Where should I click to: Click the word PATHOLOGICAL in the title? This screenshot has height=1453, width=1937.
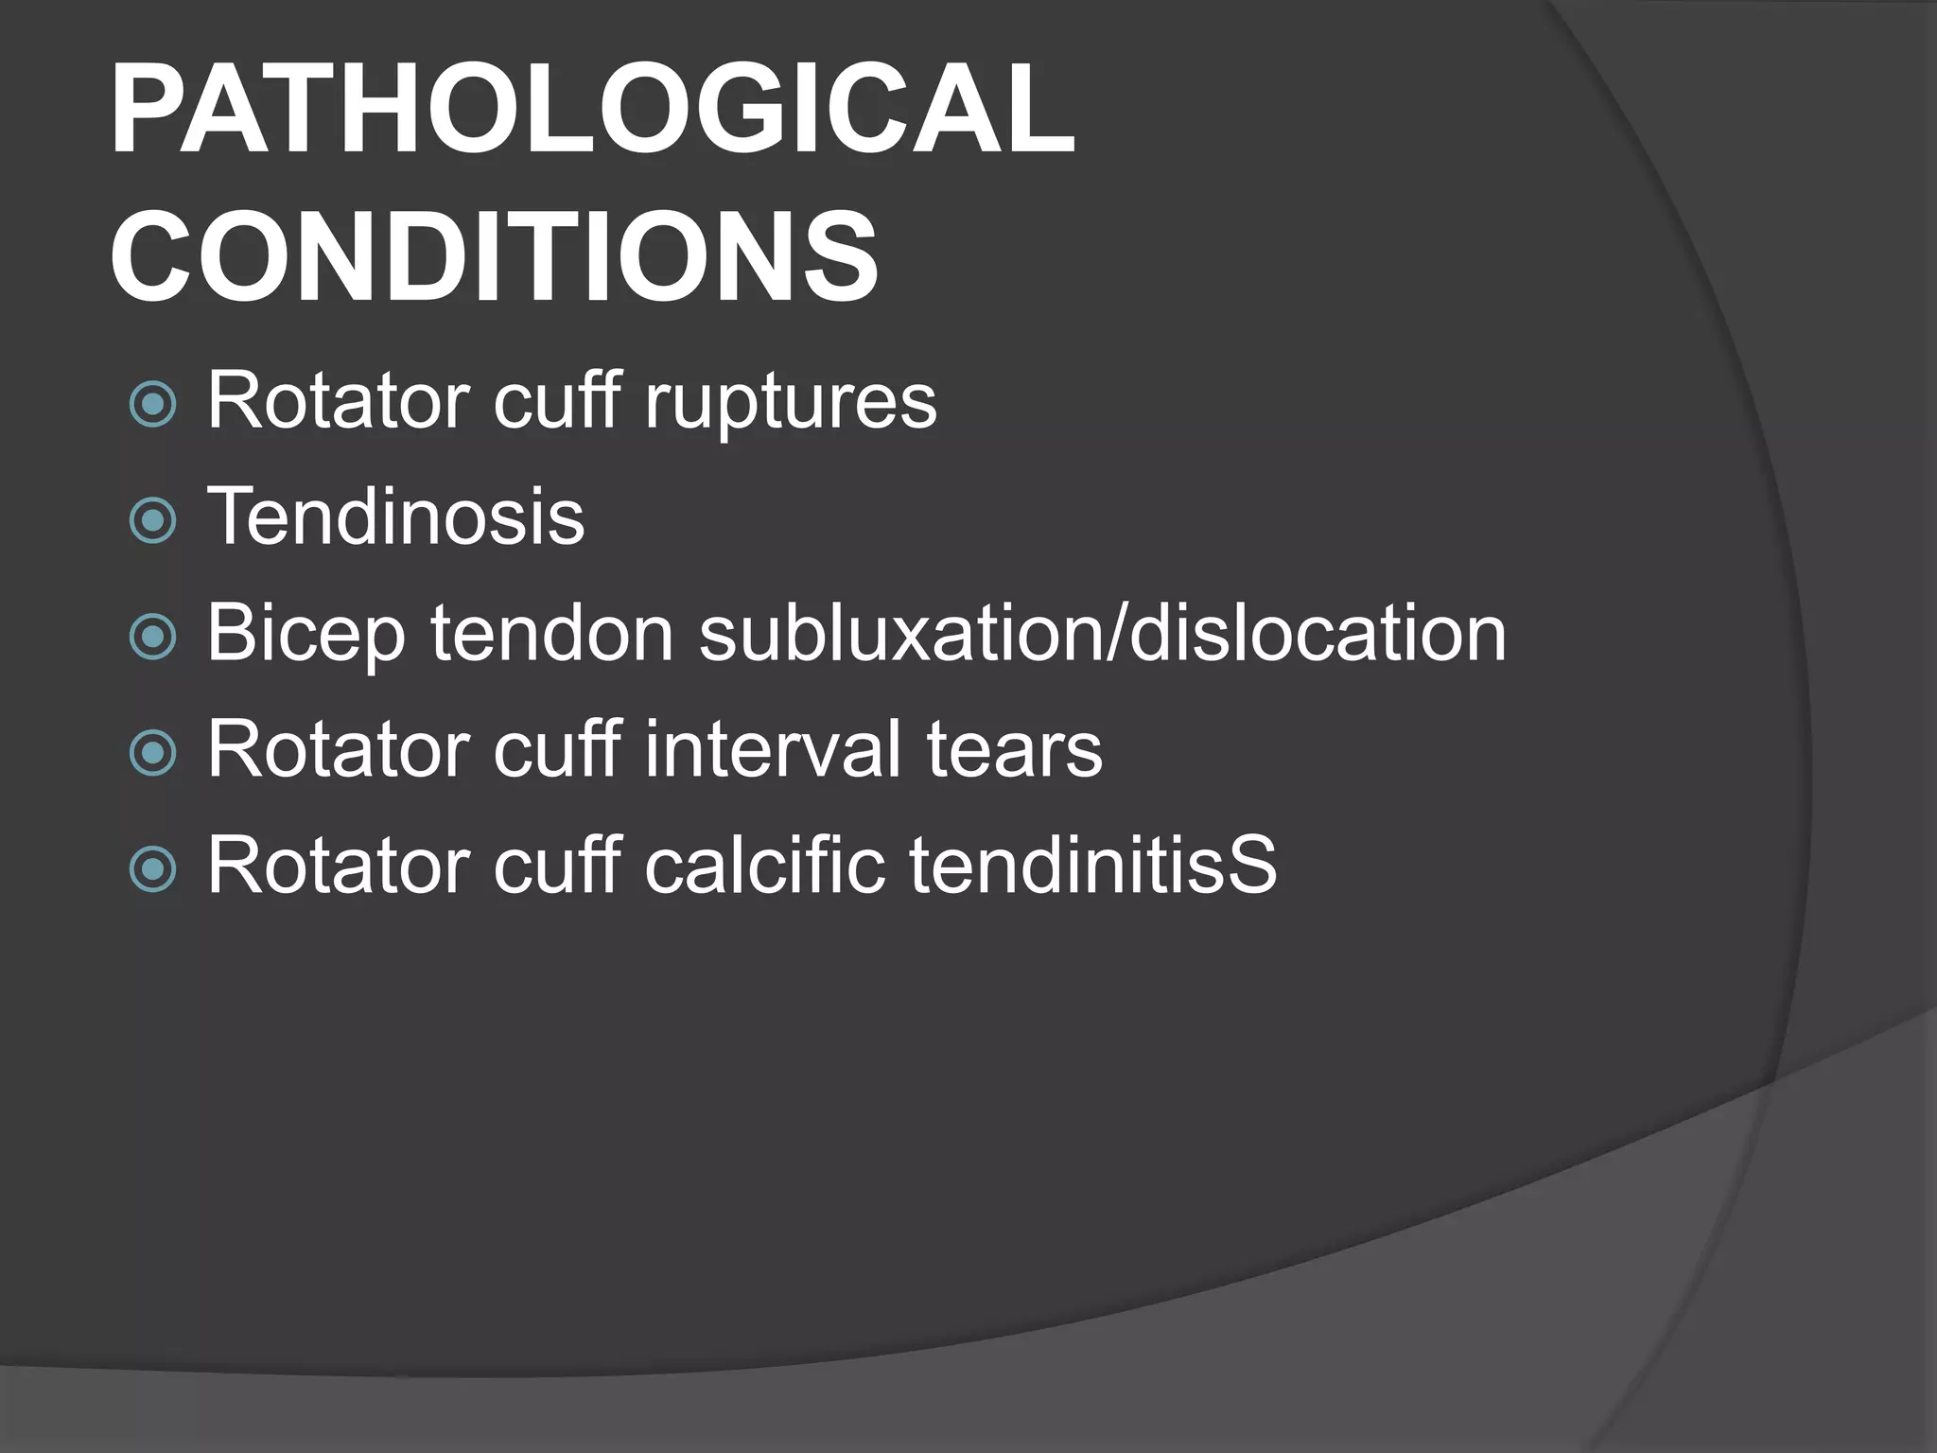(x=592, y=110)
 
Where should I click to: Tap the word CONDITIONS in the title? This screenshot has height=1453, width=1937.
(x=494, y=257)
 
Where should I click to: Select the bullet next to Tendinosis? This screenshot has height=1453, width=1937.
(x=152, y=519)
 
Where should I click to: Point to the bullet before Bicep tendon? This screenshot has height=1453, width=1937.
(x=152, y=636)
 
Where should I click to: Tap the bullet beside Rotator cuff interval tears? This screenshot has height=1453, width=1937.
(x=152, y=752)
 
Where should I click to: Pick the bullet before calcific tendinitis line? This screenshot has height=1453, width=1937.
(x=152, y=868)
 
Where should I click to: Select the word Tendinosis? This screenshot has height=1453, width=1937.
(x=395, y=516)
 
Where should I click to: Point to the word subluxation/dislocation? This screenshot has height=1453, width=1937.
(x=1102, y=633)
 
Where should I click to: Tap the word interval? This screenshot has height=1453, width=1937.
(x=774, y=749)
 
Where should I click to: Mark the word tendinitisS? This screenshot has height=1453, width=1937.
(x=1093, y=865)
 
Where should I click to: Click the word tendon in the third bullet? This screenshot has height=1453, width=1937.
(x=552, y=633)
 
